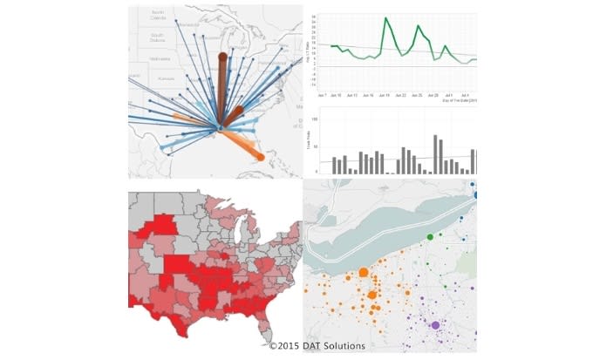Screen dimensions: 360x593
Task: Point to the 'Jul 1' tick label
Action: pos(447,94)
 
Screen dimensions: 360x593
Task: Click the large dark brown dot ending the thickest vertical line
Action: pos(222,58)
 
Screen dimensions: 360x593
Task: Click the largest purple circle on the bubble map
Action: pos(435,325)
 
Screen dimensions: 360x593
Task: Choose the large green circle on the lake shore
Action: pos(429,237)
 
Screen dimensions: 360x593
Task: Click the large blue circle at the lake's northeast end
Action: pos(476,194)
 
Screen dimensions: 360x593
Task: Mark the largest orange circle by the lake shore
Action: pos(363,273)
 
